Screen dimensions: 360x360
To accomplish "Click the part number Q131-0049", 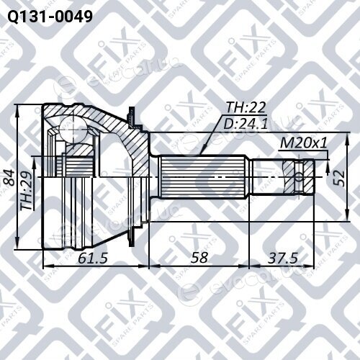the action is pos(50,17).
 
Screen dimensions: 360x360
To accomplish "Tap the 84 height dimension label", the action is pos(9,178).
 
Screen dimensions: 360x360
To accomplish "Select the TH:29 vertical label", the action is pos(26,192).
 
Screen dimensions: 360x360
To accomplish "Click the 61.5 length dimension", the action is pos(93,258).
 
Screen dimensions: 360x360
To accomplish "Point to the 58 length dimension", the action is pos(199,258).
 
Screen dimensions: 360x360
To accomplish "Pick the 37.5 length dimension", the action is pos(283,258).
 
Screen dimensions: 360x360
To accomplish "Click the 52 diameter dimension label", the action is pos(339,179).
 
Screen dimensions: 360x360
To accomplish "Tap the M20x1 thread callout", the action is pos(304,143).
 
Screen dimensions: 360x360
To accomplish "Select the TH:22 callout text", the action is pos(246,107).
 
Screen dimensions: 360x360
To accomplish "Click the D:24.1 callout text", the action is pos(246,124).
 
